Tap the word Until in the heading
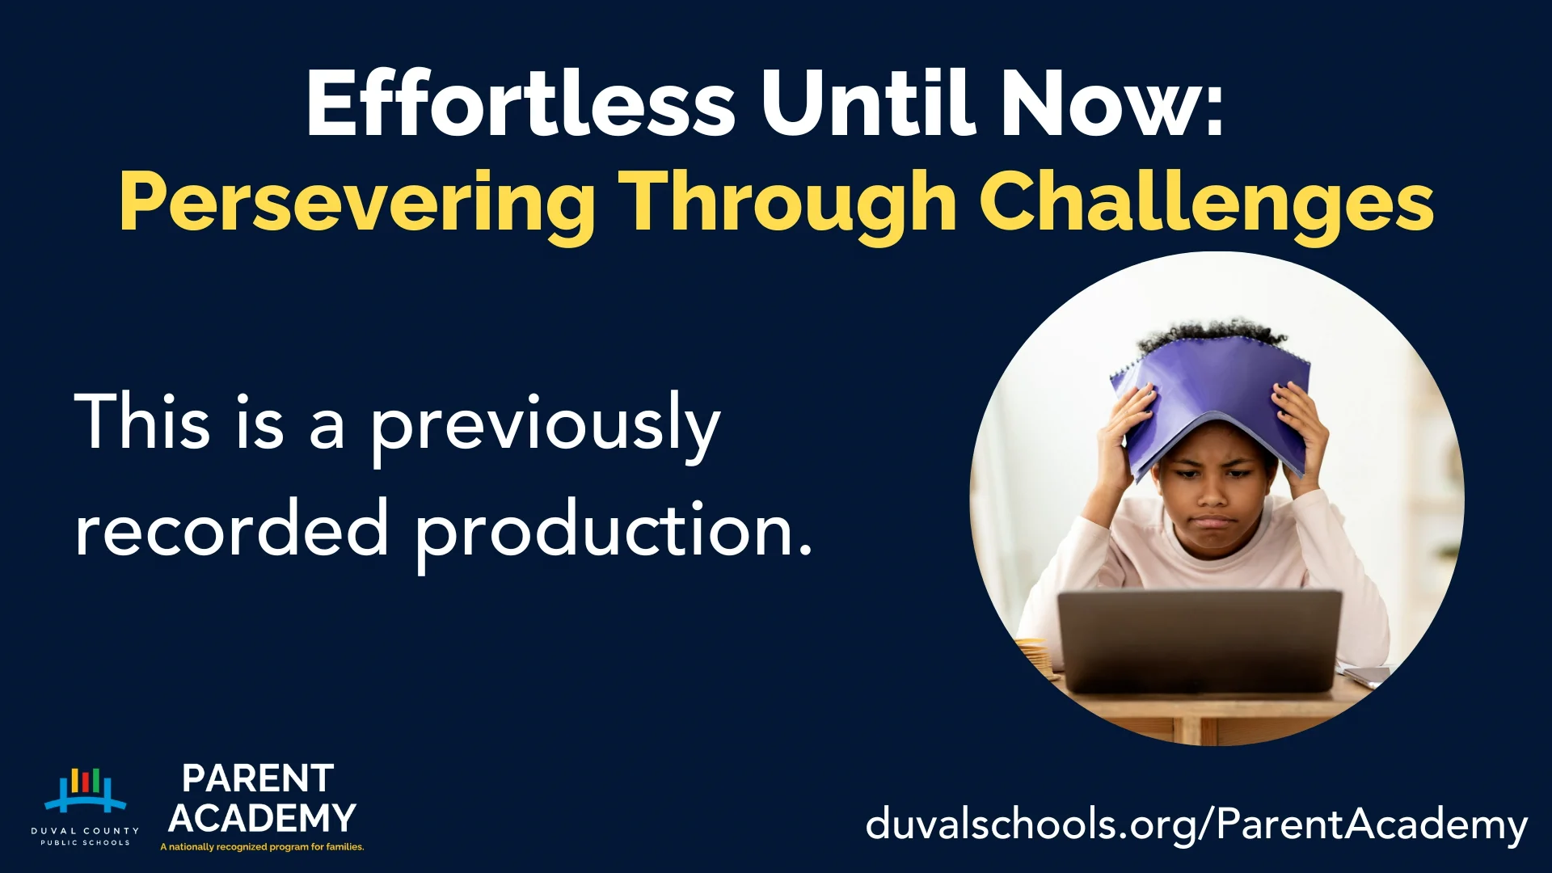pyautogui.click(x=866, y=104)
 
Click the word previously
pyautogui.click(x=545, y=425)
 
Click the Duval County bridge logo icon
pyautogui.click(x=85, y=790)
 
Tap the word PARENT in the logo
pyautogui.click(x=258, y=779)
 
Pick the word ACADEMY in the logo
pyautogui.click(x=262, y=818)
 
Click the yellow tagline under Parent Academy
pyautogui.click(x=262, y=847)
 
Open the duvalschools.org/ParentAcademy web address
pyautogui.click(x=1196, y=825)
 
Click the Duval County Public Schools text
pyautogui.click(x=85, y=836)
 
